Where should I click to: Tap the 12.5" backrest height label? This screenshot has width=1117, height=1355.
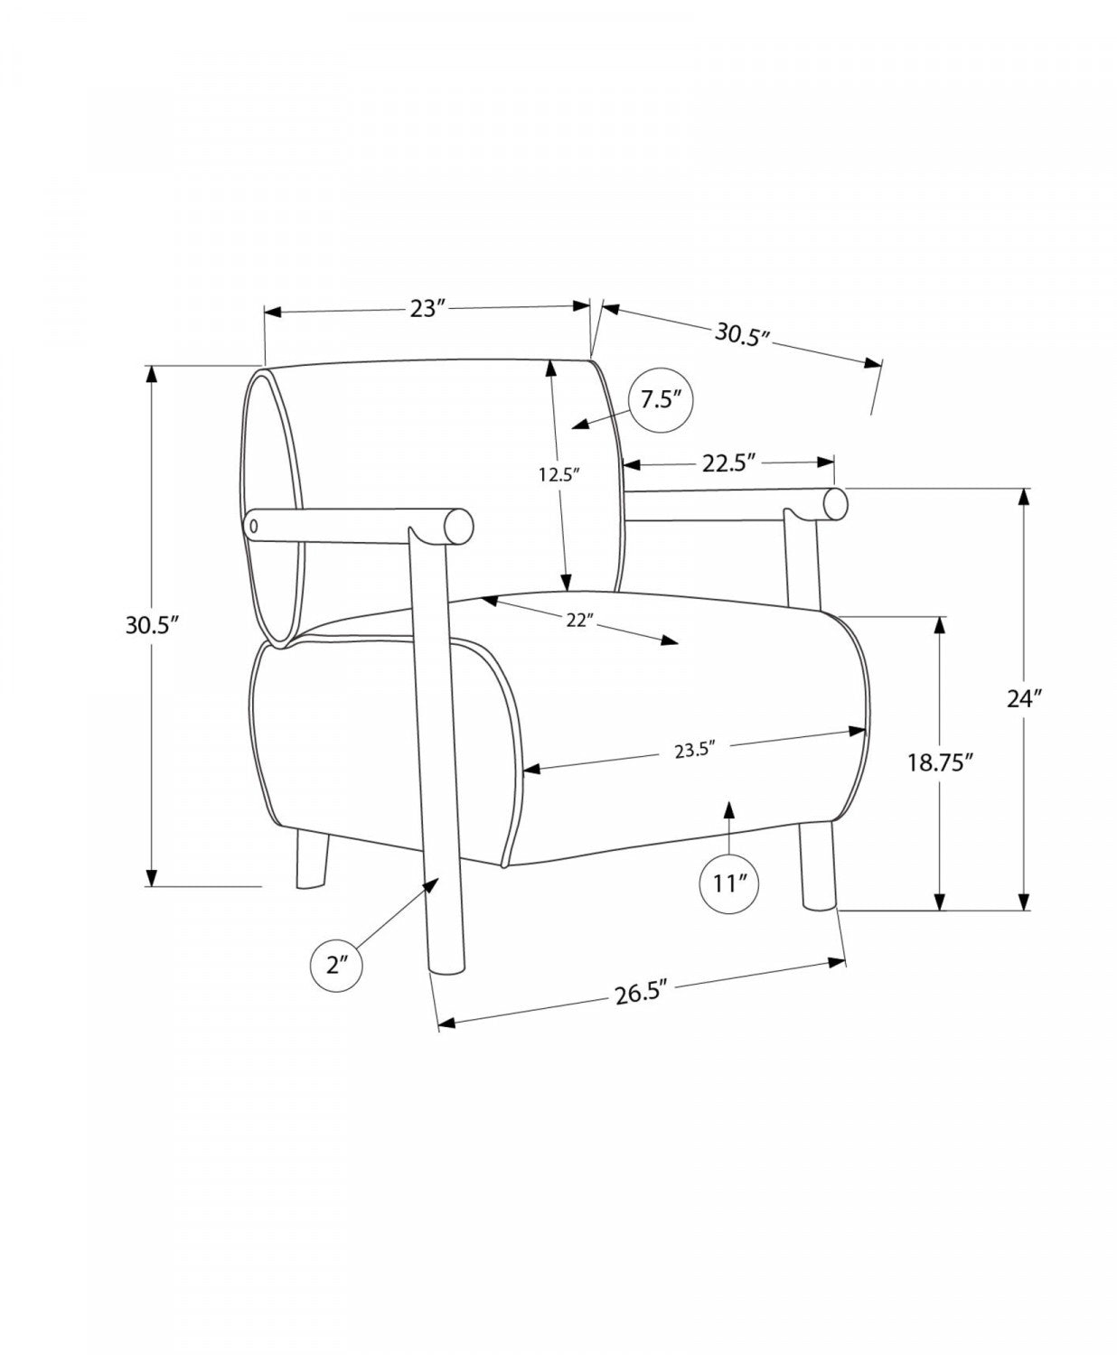click(558, 476)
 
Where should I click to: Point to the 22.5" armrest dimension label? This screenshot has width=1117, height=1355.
click(728, 463)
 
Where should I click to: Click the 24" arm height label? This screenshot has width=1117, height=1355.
click(1024, 699)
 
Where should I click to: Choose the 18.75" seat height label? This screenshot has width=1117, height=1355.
click(940, 763)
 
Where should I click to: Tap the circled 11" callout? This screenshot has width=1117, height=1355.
click(729, 883)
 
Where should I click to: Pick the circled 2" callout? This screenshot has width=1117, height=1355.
click(336, 985)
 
